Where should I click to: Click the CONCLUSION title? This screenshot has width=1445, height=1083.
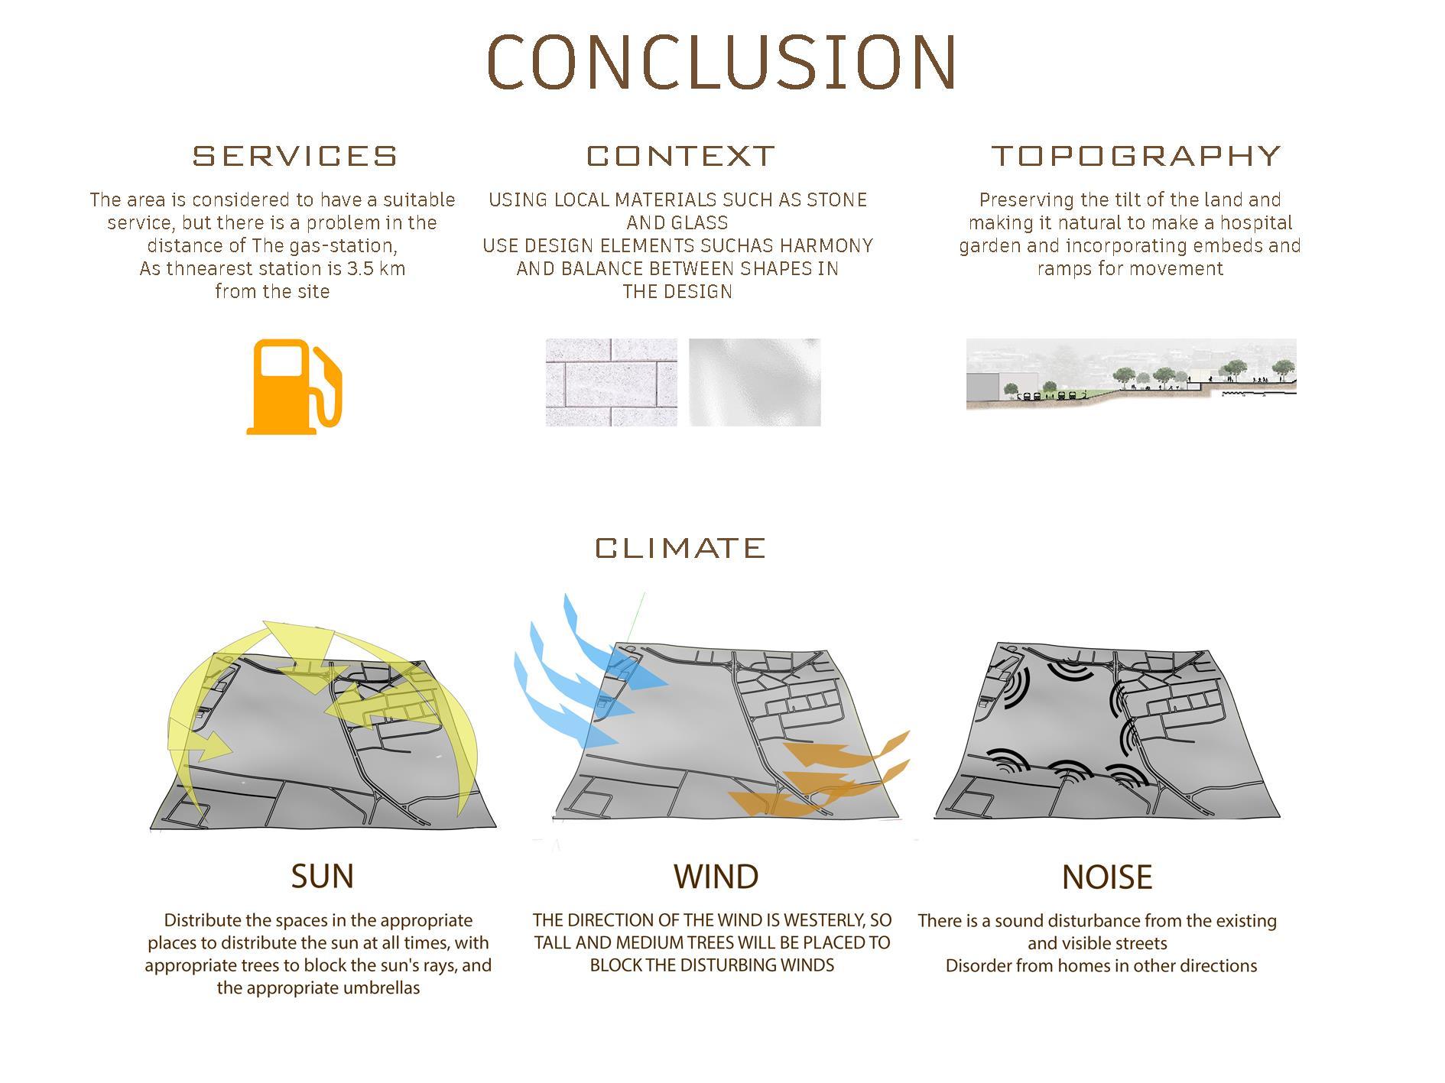tap(722, 61)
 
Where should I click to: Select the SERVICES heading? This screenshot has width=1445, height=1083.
tap(295, 156)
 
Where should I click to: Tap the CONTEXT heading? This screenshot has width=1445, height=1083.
tap(680, 156)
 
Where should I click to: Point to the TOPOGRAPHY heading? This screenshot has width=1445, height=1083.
tap(1136, 156)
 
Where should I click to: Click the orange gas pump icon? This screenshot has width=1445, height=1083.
tap(294, 386)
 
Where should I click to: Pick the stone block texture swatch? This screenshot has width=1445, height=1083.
tap(611, 382)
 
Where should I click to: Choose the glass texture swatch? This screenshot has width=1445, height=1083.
tap(755, 382)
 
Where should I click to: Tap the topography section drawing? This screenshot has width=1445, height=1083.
tap(1131, 375)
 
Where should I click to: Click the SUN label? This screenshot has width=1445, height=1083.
tap(323, 876)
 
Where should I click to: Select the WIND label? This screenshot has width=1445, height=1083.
tap(716, 876)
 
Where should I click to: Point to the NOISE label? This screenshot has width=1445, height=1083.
tap(1107, 877)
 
